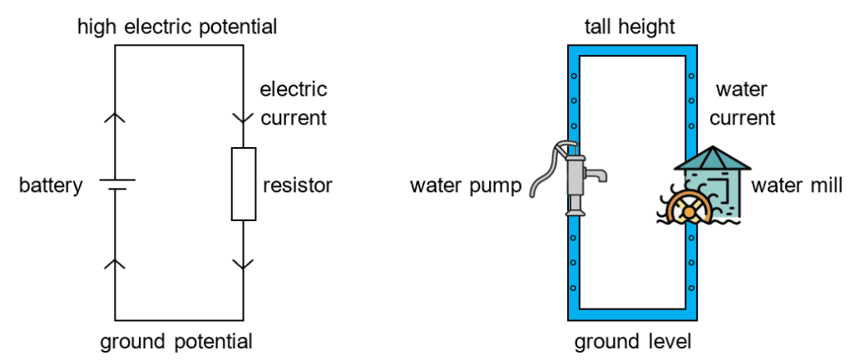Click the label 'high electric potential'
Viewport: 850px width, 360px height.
click(x=177, y=27)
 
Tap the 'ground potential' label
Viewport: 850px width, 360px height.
click(x=176, y=342)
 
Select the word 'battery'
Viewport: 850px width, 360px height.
click(x=51, y=185)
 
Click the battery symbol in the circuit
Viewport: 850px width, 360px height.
click(x=115, y=184)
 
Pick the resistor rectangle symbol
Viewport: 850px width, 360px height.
click(x=243, y=184)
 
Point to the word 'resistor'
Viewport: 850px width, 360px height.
click(x=297, y=185)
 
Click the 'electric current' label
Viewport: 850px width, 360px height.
click(x=294, y=103)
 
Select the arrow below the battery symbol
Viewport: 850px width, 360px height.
click(x=115, y=264)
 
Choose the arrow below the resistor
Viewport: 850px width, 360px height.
click(x=243, y=264)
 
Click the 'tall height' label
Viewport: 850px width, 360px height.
click(x=629, y=27)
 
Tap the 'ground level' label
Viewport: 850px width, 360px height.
click(x=633, y=342)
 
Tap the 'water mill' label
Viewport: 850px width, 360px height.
click(x=796, y=185)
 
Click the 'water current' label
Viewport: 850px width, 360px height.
click(x=742, y=103)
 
